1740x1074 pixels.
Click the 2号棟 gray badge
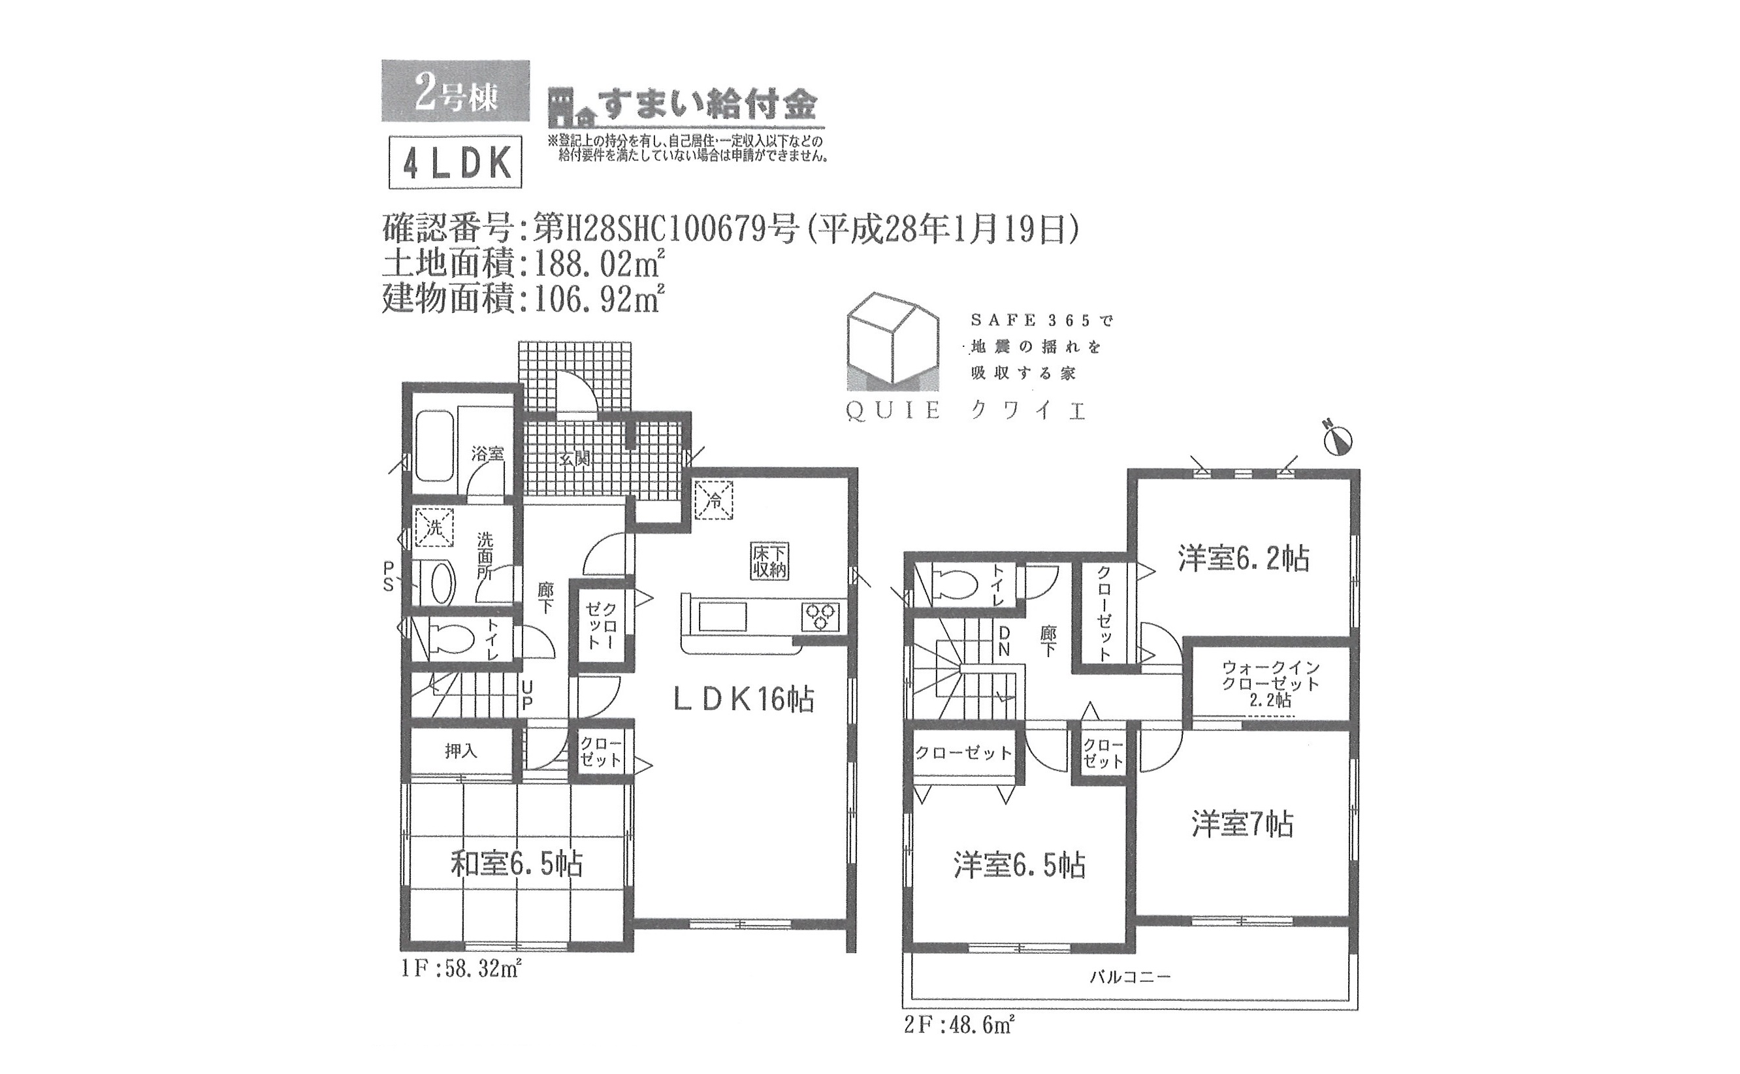(x=455, y=90)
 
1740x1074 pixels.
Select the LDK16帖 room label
(x=743, y=700)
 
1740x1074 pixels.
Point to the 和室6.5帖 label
(x=517, y=864)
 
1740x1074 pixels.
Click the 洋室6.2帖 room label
(x=1243, y=559)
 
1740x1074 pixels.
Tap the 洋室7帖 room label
(x=1242, y=824)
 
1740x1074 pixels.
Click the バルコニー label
(x=1130, y=977)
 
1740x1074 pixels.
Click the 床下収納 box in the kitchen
(x=769, y=561)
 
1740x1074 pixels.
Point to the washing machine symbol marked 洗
(x=434, y=527)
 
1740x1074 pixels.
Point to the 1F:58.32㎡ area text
(x=462, y=968)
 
